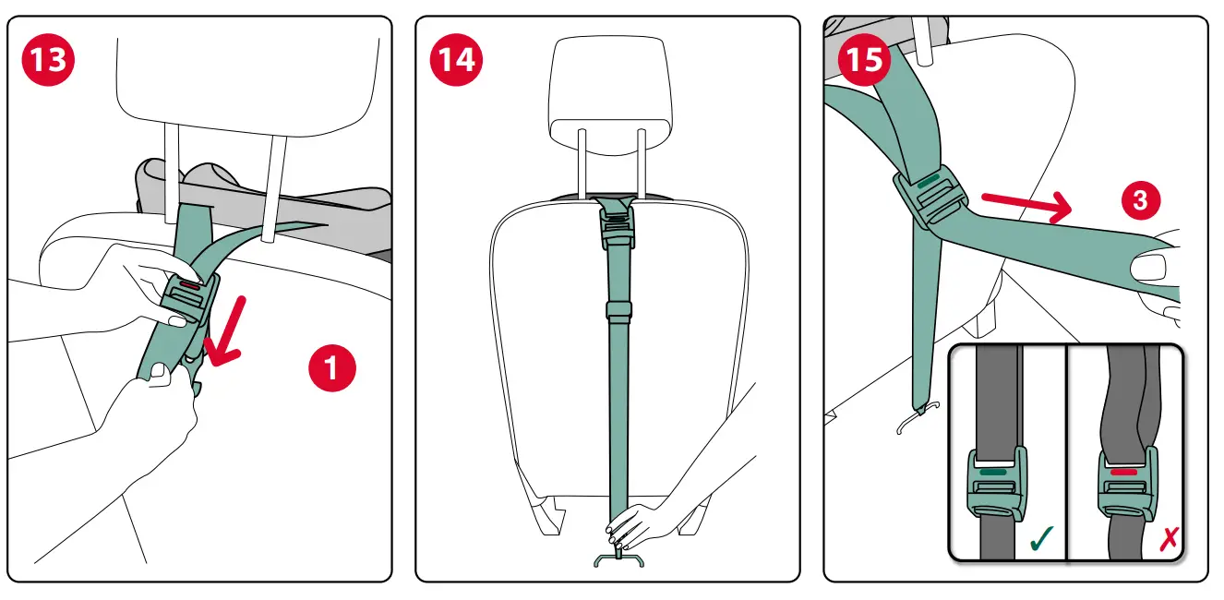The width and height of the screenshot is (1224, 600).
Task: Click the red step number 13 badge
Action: click(48, 60)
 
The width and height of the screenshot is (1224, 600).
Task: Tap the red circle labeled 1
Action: click(331, 370)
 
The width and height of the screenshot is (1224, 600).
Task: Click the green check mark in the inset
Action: click(1040, 538)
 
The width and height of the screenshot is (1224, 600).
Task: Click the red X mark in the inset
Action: click(1168, 539)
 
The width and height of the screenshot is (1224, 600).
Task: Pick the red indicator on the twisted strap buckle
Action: click(1123, 471)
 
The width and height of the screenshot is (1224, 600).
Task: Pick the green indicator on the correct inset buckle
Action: click(993, 471)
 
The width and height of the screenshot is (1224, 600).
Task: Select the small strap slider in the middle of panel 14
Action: click(618, 309)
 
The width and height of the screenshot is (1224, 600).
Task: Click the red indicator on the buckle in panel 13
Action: click(190, 286)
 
